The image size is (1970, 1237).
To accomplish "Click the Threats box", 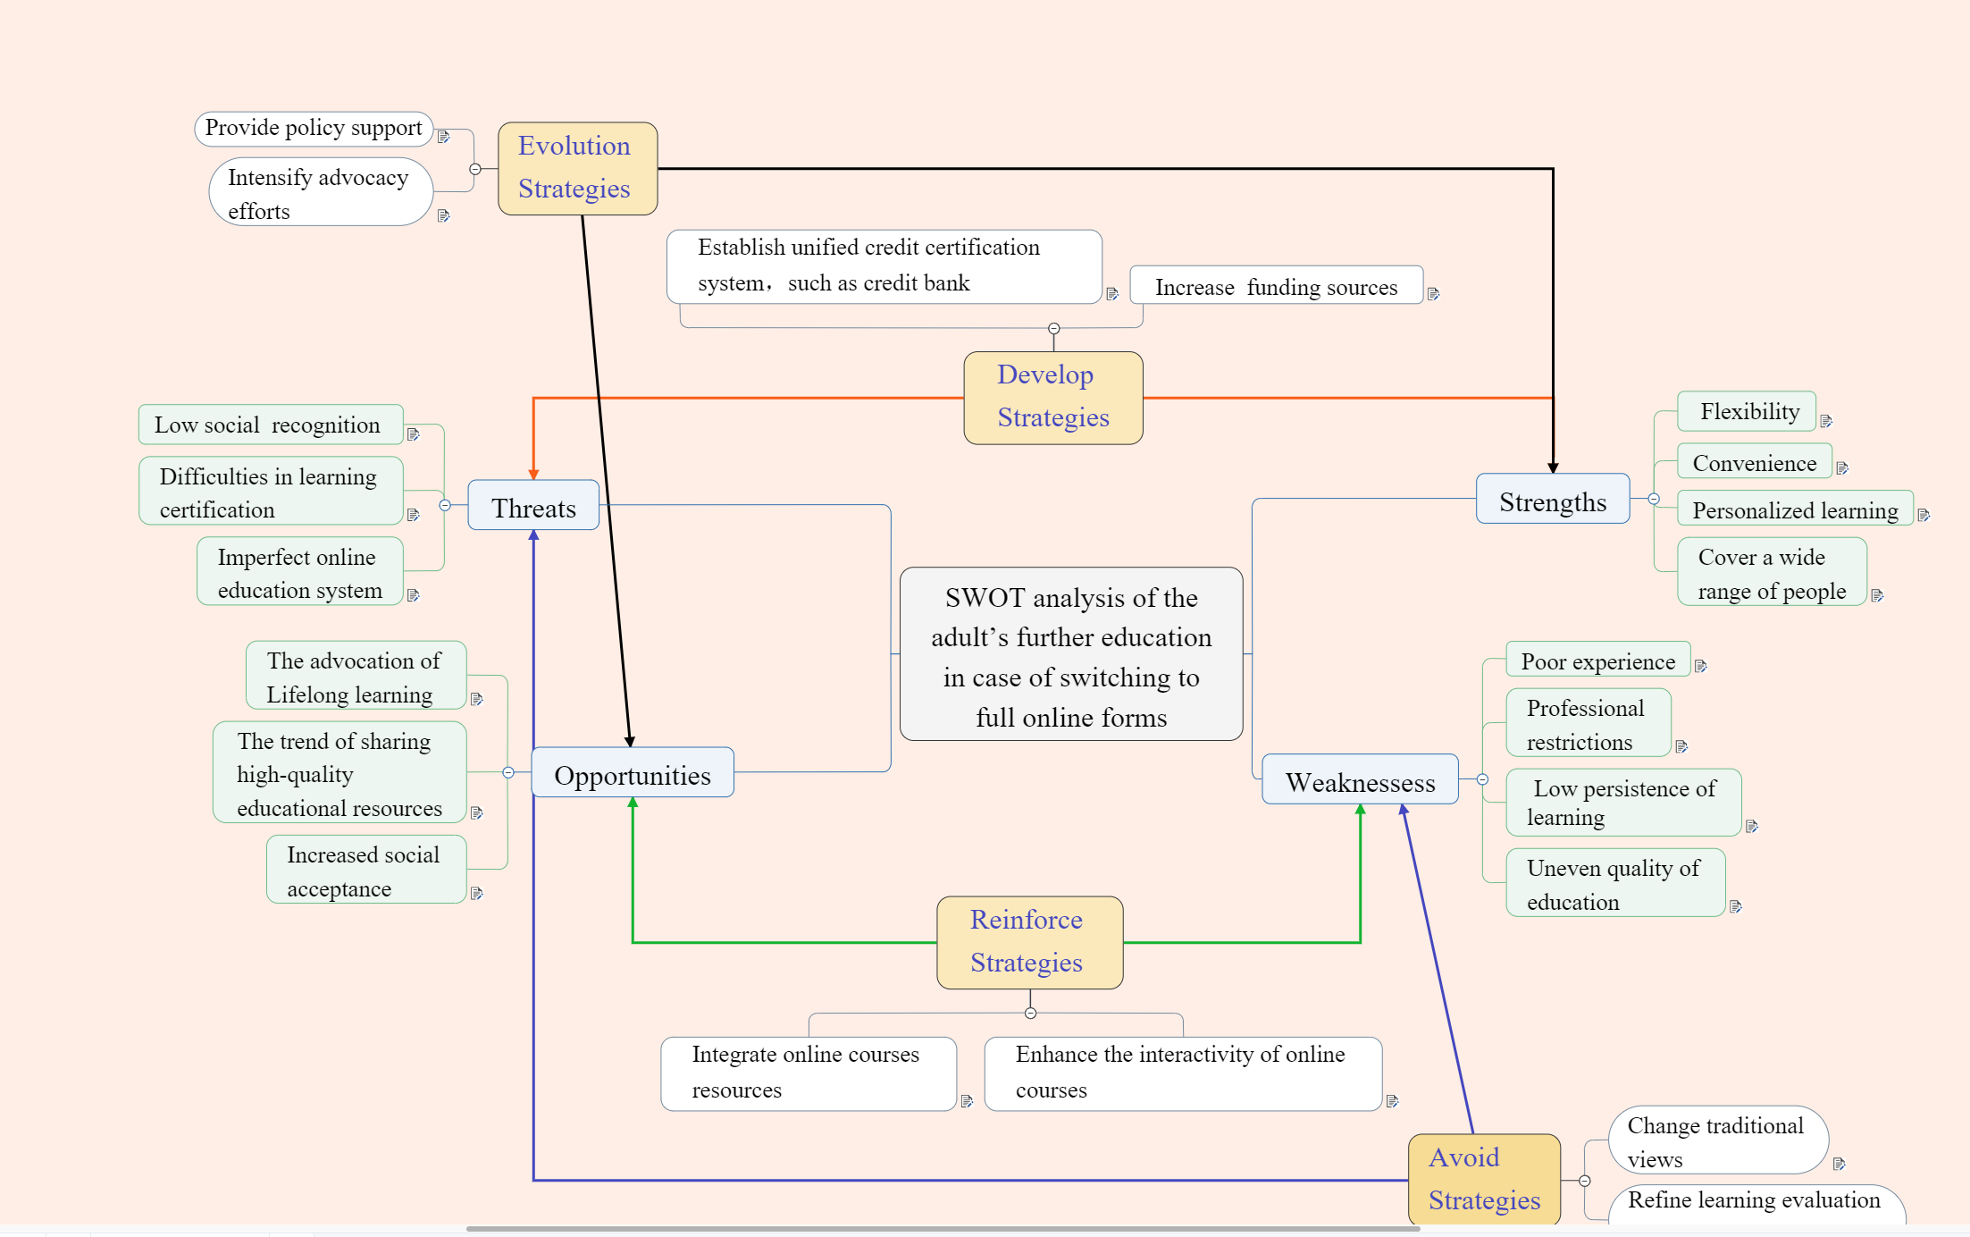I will tap(533, 506).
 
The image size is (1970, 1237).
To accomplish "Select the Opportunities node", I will tap(633, 773).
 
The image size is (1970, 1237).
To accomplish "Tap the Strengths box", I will tap(1553, 500).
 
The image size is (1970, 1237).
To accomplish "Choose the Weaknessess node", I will tap(1360, 780).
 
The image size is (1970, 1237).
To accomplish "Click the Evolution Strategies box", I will tap(577, 168).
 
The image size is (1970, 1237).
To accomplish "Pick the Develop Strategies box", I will tap(1052, 398).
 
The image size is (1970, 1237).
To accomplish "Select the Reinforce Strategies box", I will tap(1029, 942).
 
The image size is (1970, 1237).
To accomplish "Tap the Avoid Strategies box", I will tap(1484, 1179).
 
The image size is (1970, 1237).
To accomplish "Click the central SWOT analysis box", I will tap(1070, 654).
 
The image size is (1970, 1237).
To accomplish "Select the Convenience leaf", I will tap(1754, 462).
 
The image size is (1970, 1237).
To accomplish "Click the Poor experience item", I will tap(1597, 661).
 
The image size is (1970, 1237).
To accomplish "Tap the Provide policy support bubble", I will tap(314, 129).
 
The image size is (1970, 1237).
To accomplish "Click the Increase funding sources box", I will tap(1276, 286).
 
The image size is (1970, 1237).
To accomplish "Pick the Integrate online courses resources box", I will tap(808, 1073).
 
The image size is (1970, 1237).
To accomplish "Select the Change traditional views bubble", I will tap(1717, 1140).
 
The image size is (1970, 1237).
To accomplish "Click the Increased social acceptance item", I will tap(365, 870).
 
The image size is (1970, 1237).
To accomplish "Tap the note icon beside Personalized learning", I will tap(1924, 515).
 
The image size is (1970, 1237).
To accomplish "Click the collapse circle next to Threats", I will tap(445, 505).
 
